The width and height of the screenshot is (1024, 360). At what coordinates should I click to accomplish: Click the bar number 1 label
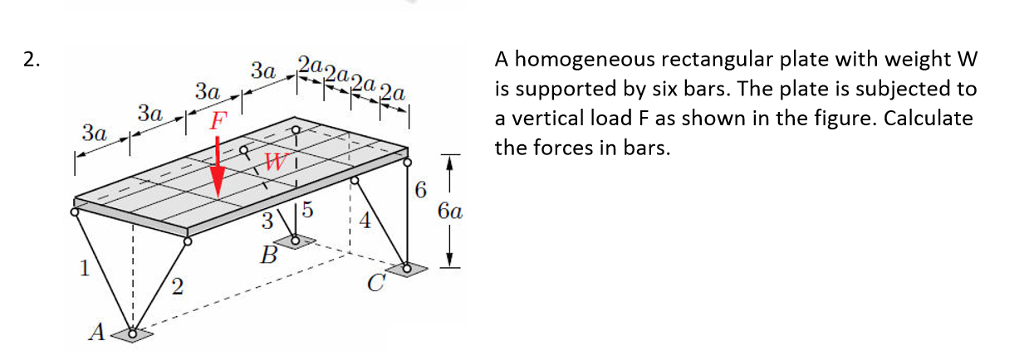pyautogui.click(x=86, y=267)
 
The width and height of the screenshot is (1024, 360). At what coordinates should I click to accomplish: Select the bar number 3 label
pyautogui.click(x=265, y=220)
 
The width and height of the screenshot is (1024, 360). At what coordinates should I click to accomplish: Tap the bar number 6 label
pyautogui.click(x=420, y=189)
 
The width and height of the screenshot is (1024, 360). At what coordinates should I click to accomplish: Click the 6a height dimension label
pyautogui.click(x=450, y=211)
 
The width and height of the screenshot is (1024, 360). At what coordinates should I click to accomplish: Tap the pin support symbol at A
pyautogui.click(x=133, y=334)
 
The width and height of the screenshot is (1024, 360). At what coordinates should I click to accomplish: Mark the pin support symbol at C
pyautogui.click(x=408, y=269)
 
